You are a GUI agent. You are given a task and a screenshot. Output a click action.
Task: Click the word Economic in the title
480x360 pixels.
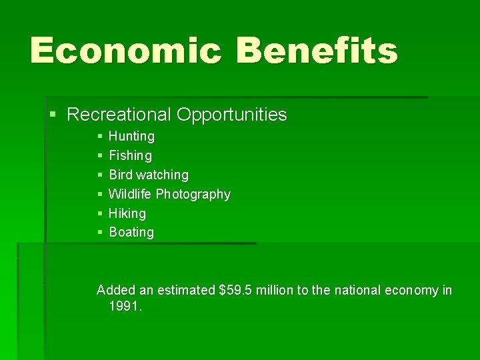125,51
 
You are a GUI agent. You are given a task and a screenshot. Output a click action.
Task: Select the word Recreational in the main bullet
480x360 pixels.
120,115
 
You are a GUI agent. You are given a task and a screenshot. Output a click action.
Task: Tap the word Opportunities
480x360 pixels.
232,115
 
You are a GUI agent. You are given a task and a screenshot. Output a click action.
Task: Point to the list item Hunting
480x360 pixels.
131,136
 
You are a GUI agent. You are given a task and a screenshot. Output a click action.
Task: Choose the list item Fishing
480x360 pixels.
130,155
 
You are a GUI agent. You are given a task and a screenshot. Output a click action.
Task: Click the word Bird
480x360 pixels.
121,175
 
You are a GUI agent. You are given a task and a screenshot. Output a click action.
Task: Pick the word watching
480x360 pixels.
163,175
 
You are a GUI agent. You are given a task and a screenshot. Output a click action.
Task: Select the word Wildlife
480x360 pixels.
130,194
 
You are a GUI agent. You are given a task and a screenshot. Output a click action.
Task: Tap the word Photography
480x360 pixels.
193,195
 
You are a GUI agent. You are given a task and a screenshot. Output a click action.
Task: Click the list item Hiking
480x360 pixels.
127,213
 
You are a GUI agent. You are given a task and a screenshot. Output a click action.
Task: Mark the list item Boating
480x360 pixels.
131,232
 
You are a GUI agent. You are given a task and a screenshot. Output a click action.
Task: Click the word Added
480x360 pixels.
116,290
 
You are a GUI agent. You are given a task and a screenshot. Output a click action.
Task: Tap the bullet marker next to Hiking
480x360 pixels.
99,213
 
